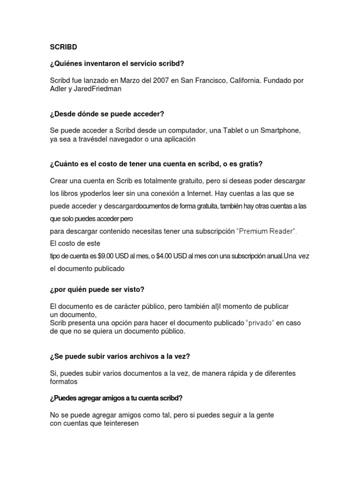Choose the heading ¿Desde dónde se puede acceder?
107,114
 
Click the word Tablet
214,131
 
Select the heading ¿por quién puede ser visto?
97,290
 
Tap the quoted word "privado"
260,323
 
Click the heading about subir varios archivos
120,356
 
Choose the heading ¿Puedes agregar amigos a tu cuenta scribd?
116,398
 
